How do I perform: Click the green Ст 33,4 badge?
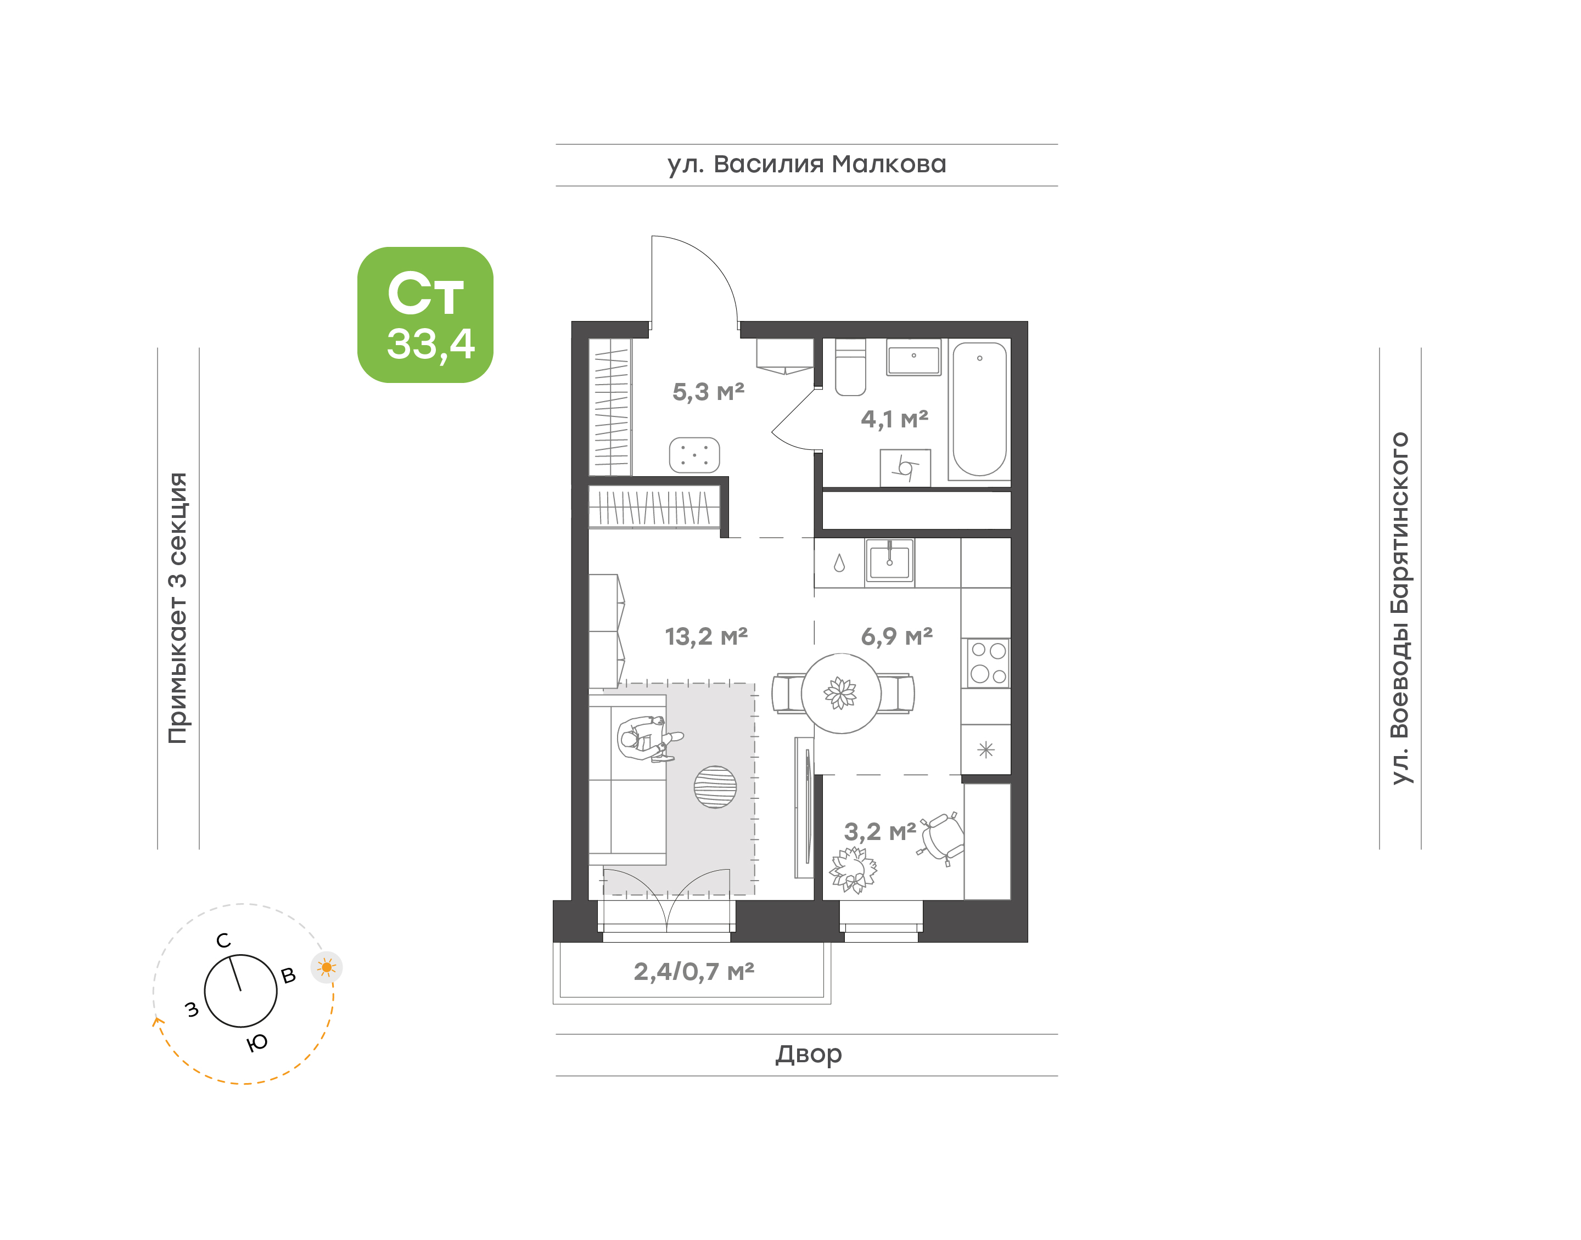[425, 314]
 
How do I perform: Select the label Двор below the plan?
[808, 1053]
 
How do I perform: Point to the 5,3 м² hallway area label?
[708, 392]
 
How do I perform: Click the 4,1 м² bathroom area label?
[895, 419]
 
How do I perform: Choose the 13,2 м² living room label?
[706, 636]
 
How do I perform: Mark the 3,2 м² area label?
[879, 831]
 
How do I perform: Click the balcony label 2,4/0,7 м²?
[693, 971]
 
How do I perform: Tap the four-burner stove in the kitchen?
[988, 663]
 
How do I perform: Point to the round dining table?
[841, 694]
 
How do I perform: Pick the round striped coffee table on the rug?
[715, 787]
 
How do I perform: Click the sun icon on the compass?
[327, 967]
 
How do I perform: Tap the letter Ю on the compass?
[257, 1043]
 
